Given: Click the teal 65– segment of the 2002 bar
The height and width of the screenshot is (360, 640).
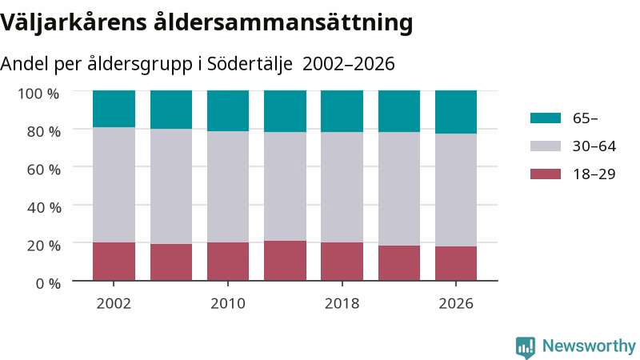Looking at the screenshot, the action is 114,109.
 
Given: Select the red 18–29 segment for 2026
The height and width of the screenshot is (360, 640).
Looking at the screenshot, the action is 456,263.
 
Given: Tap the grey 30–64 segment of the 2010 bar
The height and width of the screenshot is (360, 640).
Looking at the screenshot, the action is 228,186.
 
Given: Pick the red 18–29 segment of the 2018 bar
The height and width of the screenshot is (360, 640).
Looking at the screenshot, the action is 342,262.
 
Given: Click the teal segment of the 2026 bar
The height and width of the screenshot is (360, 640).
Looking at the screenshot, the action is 456,112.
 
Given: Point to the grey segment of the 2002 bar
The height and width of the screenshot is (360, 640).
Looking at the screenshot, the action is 114,185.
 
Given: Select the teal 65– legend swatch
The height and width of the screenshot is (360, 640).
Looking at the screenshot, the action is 546,118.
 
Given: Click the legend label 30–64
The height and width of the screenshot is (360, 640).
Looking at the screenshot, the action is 594,146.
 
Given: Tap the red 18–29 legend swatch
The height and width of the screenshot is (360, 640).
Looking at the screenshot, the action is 546,174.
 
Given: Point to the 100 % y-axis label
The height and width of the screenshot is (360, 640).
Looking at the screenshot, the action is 38,94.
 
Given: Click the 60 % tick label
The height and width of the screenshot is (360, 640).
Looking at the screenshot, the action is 44,170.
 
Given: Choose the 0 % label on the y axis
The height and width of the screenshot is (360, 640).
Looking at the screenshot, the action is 48,283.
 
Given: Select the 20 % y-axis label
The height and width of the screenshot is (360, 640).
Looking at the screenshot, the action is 44,246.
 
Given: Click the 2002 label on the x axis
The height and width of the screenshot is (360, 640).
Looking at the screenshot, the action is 114,303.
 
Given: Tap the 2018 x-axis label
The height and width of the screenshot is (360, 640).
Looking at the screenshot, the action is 342,303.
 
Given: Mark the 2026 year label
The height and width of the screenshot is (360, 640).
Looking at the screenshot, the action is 456,303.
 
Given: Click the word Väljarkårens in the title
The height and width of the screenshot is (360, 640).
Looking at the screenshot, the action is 74,22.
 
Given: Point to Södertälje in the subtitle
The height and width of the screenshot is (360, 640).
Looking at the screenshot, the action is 250,64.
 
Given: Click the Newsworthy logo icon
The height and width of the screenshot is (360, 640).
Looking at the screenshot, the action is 526,347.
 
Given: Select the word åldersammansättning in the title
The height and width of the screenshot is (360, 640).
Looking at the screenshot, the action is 283,22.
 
